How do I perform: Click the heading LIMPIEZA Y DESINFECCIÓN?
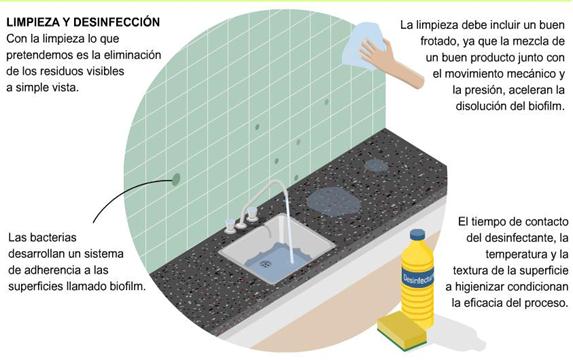coord(83,22)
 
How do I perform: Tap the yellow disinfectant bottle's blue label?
coord(417,277)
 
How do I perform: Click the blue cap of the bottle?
coord(417,234)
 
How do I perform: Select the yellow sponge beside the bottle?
coord(402,330)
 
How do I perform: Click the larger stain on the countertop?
coord(333,201)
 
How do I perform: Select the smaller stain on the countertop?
coord(376,166)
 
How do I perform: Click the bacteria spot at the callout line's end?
coord(176,179)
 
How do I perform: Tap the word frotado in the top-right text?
coord(439,41)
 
